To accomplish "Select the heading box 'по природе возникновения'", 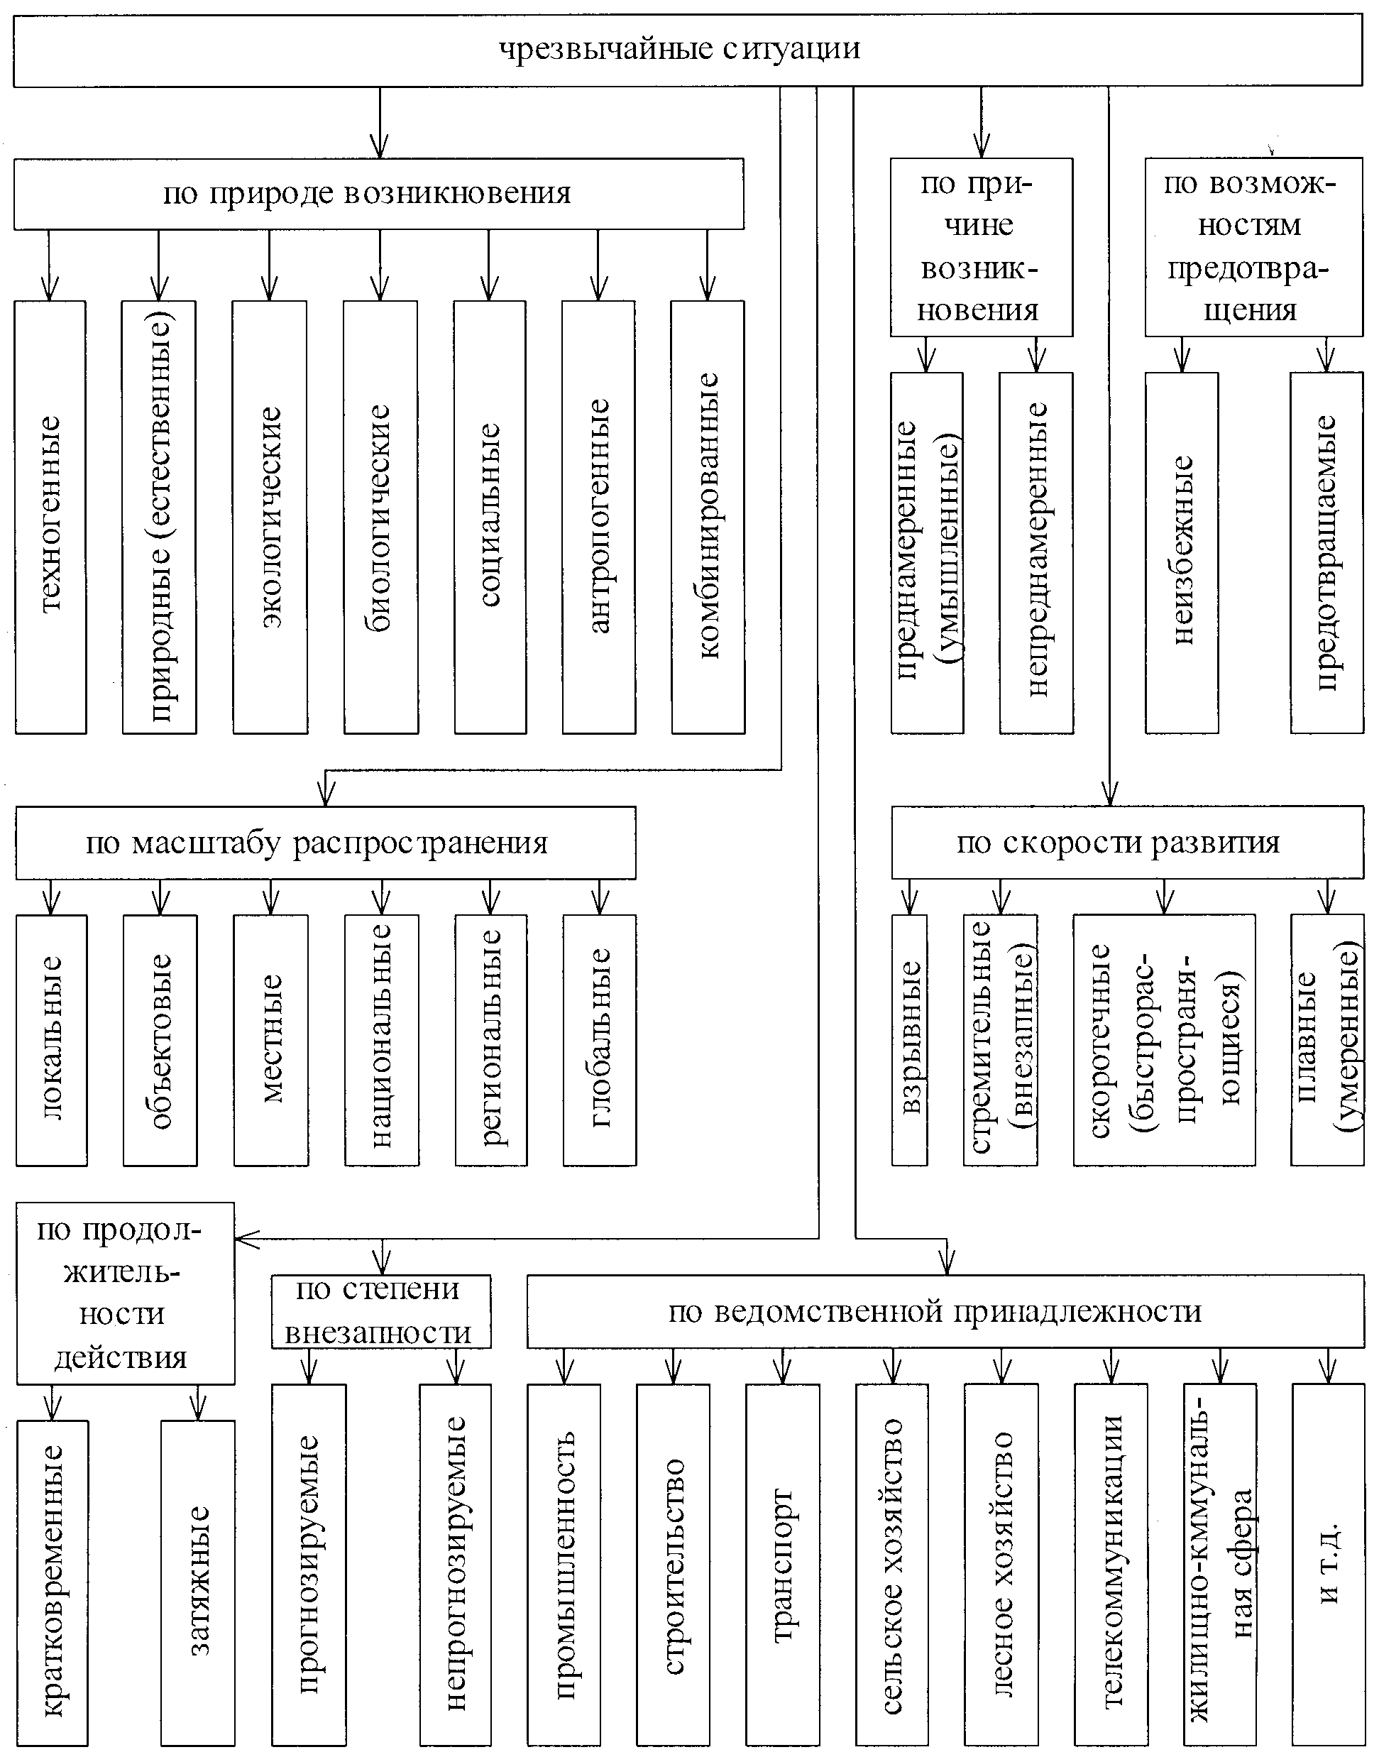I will pyautogui.click(x=378, y=194).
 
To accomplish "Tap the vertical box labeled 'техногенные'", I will pyautogui.click(x=50, y=517).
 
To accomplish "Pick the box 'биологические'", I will pyautogui.click(x=380, y=517).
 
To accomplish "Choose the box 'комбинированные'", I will pyautogui.click(x=708, y=517).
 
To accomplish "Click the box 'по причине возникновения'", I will pyautogui.click(x=981, y=247).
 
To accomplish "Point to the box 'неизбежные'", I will pyautogui.click(x=1181, y=552).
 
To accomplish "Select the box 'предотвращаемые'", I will pyautogui.click(x=1326, y=552).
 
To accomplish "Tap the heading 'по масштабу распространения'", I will pyautogui.click(x=325, y=843).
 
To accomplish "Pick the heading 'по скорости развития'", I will pyautogui.click(x=1127, y=843).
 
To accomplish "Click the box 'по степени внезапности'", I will pyautogui.click(x=380, y=1311).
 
